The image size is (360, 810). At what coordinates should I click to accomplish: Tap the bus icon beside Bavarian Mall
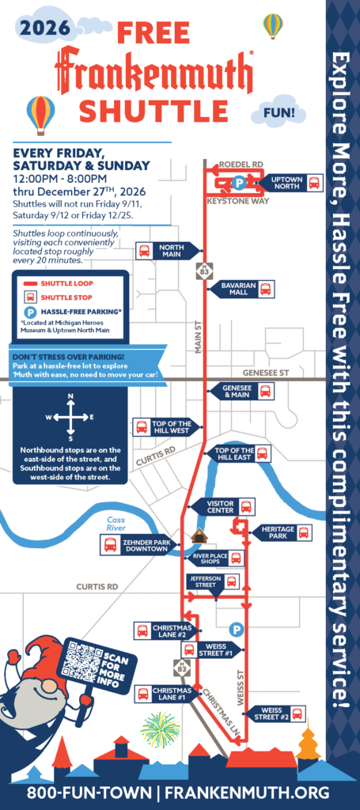click(x=266, y=290)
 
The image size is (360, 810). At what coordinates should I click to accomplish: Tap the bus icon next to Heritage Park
click(x=305, y=532)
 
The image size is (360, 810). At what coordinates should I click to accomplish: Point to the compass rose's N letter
click(x=70, y=396)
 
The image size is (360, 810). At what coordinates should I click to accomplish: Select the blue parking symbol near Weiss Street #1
click(x=236, y=630)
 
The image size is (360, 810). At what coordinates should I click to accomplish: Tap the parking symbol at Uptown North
click(x=238, y=182)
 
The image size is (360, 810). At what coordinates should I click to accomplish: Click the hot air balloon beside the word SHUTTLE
click(x=41, y=115)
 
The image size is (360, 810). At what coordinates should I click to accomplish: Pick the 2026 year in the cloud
click(x=44, y=28)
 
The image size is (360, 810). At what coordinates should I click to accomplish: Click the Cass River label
click(x=116, y=524)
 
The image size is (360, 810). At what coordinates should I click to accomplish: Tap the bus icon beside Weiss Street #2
click(x=297, y=714)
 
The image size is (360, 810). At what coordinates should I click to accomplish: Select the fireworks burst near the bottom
click(x=160, y=729)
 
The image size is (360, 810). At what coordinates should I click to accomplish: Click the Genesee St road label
click(x=267, y=373)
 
